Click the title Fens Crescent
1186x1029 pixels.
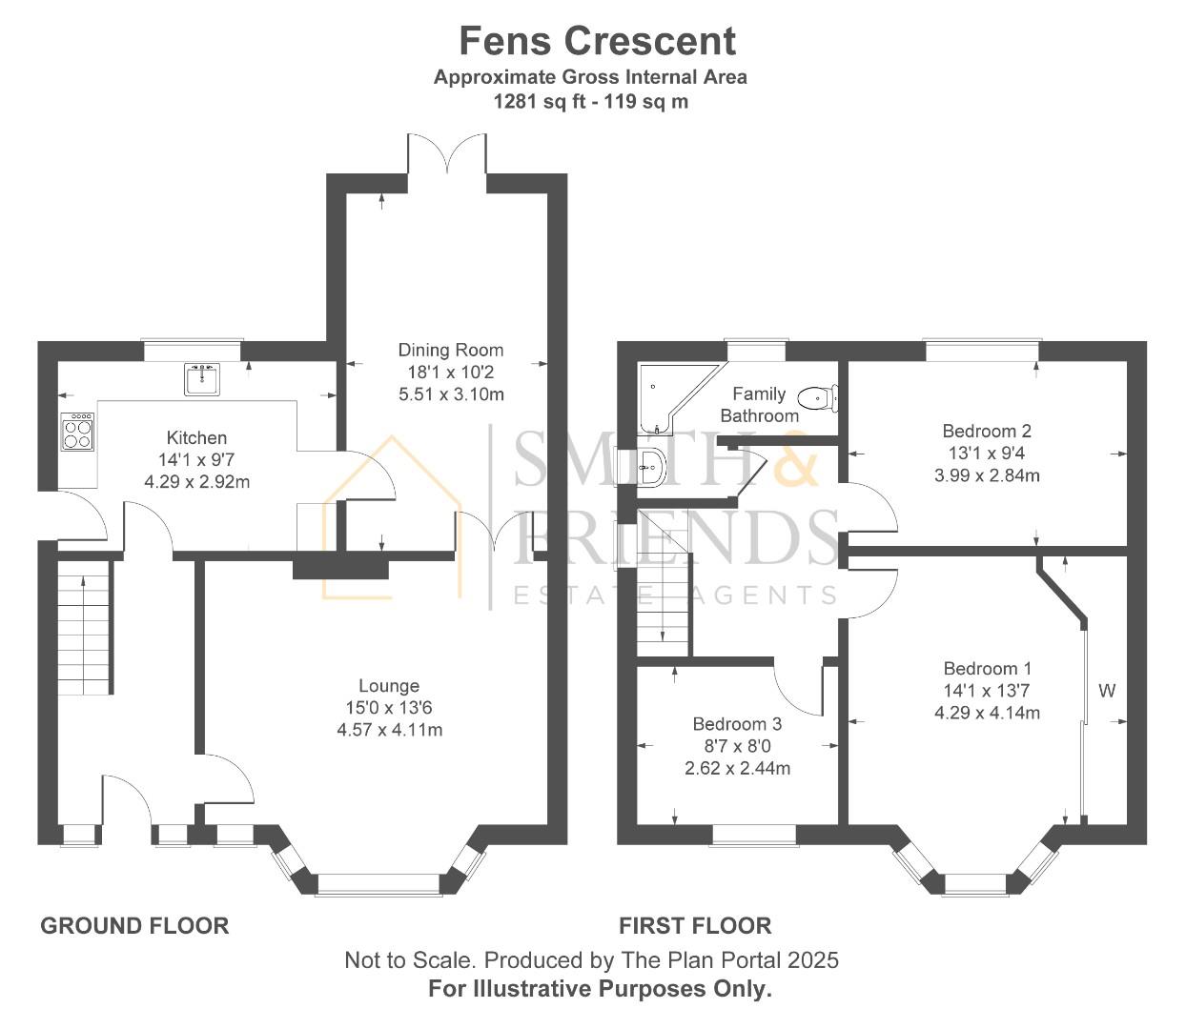(597, 41)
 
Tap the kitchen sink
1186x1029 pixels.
(202, 379)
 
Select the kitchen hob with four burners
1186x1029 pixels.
(78, 433)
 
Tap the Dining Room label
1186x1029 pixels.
(450, 350)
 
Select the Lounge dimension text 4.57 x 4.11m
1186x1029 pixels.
(389, 730)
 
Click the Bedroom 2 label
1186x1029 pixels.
(987, 431)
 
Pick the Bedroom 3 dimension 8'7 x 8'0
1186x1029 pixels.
(737, 746)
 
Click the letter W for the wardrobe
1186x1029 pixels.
(1107, 691)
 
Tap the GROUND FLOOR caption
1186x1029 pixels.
(134, 925)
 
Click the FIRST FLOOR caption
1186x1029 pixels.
(695, 925)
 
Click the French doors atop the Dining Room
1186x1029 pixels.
(446, 154)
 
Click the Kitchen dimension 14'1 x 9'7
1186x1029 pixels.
(196, 460)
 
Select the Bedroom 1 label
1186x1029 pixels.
(987, 669)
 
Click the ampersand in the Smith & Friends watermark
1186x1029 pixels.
(793, 458)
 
